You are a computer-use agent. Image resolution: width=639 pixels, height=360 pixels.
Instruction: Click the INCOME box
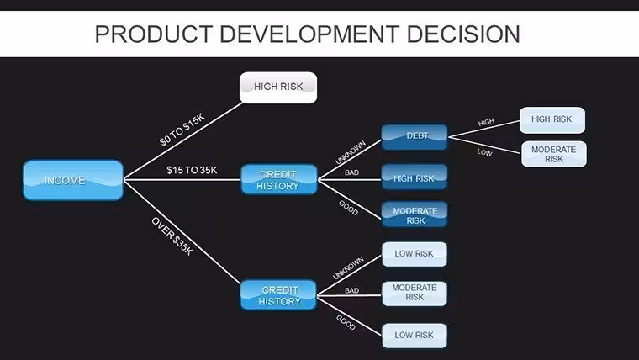(x=73, y=180)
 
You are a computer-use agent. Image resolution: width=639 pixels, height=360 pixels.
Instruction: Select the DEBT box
(x=414, y=137)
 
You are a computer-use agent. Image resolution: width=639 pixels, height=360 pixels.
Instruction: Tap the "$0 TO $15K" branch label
(x=182, y=130)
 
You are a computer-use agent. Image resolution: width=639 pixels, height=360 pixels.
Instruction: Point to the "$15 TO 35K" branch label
(x=192, y=170)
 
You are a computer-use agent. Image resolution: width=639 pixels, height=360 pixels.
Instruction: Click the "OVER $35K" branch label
(x=172, y=236)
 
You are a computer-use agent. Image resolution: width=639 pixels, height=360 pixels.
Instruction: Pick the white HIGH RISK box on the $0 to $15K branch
(x=278, y=87)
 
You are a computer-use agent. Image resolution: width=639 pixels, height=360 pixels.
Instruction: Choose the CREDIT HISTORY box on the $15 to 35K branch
(x=279, y=179)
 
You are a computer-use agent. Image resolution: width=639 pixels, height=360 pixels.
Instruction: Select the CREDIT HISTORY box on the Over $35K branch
(x=279, y=294)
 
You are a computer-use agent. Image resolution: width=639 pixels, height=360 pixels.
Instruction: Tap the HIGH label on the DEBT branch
(x=486, y=122)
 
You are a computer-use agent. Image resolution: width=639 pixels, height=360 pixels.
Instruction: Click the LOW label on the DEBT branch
(x=484, y=152)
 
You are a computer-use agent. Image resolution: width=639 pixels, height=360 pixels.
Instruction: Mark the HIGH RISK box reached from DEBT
(x=552, y=120)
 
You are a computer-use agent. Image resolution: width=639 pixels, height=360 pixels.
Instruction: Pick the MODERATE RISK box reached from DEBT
(x=554, y=154)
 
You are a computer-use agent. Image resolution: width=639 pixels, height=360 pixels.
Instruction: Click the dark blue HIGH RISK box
(x=414, y=177)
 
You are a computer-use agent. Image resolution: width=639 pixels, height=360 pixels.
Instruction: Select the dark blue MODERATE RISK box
(x=414, y=214)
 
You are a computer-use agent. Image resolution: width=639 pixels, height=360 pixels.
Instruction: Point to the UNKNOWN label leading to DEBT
(x=351, y=152)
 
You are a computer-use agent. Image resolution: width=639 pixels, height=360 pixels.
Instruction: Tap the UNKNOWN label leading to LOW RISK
(x=348, y=267)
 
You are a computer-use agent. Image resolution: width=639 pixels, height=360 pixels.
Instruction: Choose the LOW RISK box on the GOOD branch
(x=414, y=336)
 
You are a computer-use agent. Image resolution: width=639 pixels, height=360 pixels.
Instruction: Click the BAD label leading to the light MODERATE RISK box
(x=351, y=291)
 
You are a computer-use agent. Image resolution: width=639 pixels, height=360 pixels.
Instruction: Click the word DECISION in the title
(x=463, y=34)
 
